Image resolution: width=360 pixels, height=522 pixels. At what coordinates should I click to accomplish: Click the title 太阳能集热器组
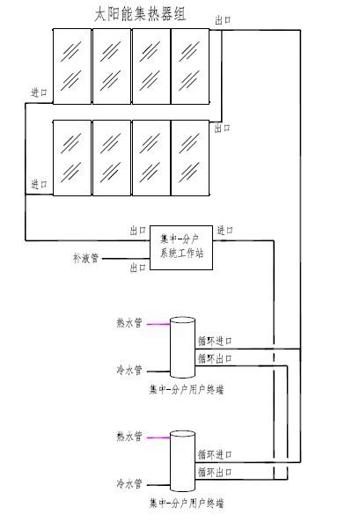point(140,15)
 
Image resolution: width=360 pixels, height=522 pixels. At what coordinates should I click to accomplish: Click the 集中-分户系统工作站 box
point(181,247)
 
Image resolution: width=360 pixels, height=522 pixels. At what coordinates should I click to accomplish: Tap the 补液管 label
point(86,258)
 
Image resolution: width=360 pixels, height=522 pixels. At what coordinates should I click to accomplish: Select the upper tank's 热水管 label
point(129,322)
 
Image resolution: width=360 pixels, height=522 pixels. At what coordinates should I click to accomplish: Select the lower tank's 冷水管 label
point(129,483)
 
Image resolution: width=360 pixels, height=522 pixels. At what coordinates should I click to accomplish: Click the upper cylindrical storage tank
point(182,347)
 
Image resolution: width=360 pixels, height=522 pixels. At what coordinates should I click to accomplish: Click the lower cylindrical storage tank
point(182,461)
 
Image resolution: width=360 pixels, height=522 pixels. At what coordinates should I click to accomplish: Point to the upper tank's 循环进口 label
point(215,342)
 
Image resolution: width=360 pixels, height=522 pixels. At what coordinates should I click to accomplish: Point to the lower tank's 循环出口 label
point(215,472)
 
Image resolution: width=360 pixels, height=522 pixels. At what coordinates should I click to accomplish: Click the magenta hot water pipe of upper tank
point(158,324)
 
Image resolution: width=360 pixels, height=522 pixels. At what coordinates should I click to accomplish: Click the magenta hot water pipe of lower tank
point(158,437)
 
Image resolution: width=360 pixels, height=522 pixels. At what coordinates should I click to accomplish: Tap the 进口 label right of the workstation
point(224,230)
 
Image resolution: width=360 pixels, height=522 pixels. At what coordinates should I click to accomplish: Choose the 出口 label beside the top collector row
point(223,20)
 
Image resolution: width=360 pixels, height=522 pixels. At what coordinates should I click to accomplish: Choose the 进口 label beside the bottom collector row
point(39,184)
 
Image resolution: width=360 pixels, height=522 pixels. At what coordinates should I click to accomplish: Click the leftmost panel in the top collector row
point(72,66)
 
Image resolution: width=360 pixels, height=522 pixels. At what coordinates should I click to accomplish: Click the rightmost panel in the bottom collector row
point(190,158)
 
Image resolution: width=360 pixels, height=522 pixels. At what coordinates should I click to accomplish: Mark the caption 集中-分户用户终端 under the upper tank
point(186,389)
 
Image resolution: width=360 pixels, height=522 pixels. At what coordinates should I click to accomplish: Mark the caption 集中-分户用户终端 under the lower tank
point(186,503)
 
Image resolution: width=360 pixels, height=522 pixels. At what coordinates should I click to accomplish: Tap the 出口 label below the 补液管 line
point(138,268)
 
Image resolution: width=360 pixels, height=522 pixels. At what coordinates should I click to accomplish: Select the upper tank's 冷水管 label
point(129,370)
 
